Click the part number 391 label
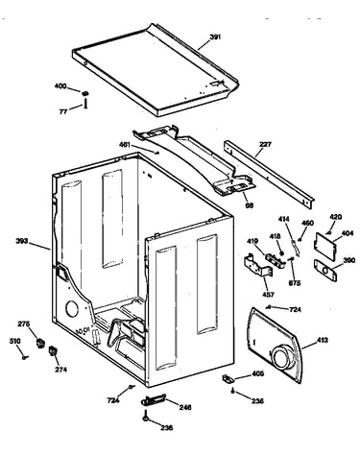tap(215, 37)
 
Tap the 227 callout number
tap(265, 144)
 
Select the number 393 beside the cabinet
tap(22, 241)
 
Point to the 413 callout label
tap(322, 340)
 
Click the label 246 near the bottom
tap(185, 407)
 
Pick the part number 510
tap(14, 342)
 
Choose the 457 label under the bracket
tap(268, 295)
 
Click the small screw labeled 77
tap(85, 104)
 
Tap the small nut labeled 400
tap(84, 93)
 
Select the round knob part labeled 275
tap(40, 343)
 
